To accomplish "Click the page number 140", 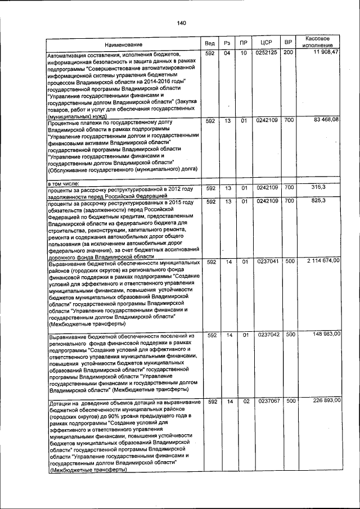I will [181, 22].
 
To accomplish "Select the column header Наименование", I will [127, 44].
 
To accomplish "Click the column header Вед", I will [209, 43].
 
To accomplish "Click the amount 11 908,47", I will [323, 52].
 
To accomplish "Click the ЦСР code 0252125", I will [267, 53].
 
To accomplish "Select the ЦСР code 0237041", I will [267, 262].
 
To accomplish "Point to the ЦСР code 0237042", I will [267, 335].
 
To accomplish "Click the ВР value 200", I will [288, 53].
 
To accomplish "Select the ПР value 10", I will [244, 53].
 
